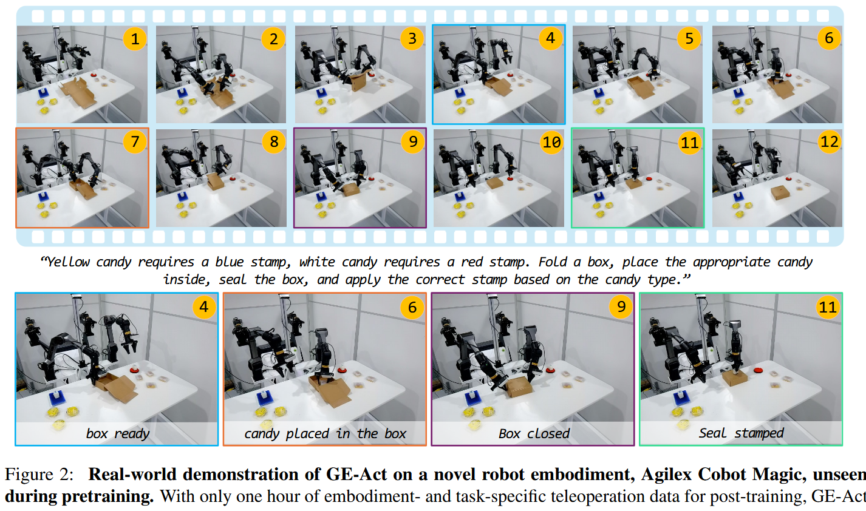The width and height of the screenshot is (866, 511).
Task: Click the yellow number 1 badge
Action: pos(135,39)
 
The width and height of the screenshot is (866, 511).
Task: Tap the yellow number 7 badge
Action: pos(135,143)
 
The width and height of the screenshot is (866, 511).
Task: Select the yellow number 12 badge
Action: pos(829,143)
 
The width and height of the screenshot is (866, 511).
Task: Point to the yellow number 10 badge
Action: pos(551,143)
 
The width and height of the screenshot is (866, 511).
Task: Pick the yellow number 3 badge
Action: pos(412,39)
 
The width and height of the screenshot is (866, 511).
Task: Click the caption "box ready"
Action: pos(117,433)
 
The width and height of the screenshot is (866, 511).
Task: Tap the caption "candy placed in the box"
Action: pos(325,433)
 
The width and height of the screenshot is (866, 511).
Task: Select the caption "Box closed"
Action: pos(534,433)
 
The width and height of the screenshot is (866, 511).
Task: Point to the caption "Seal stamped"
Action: pos(741,433)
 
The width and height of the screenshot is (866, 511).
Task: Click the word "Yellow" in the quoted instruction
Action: pos(68,262)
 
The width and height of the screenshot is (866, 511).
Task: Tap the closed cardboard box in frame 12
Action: pos(779,193)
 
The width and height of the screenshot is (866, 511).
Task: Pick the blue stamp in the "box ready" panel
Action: pos(56,398)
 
